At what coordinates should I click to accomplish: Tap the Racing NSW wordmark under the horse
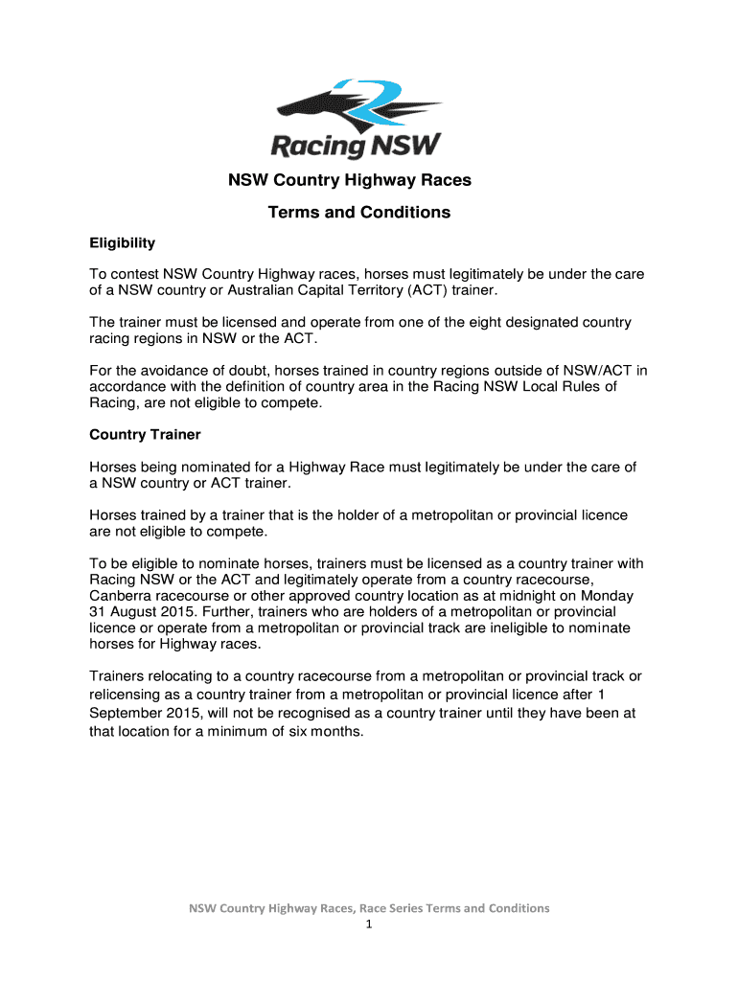[x=356, y=146]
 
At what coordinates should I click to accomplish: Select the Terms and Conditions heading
[x=359, y=213]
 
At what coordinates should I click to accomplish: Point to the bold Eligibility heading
[x=123, y=243]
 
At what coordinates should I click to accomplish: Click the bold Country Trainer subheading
[x=145, y=435]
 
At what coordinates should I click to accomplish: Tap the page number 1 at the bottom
[x=369, y=925]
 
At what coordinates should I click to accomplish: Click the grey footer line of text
[x=369, y=908]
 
